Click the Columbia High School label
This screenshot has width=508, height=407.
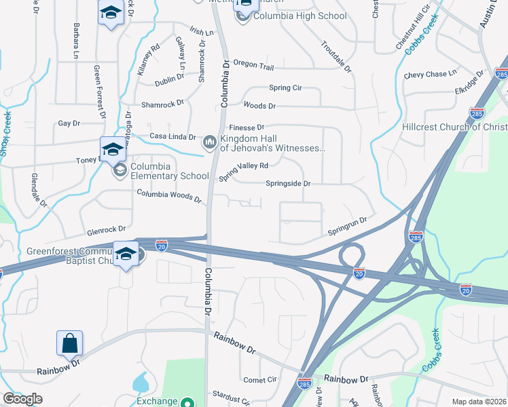(300, 16)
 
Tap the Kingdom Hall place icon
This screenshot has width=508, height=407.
(209, 142)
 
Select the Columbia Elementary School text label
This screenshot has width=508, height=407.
(170, 171)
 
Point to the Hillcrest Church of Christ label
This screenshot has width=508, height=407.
(460, 127)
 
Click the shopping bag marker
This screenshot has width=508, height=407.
(70, 344)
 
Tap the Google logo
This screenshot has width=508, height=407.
(22, 399)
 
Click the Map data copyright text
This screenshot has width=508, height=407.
(478, 402)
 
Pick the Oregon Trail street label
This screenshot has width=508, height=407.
(253, 65)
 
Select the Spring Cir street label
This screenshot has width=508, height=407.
(285, 88)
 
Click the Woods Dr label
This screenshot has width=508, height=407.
(259, 106)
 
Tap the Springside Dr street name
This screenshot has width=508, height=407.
(288, 183)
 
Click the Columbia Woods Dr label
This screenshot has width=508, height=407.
(169, 197)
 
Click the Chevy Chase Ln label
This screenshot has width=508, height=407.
(431, 75)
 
